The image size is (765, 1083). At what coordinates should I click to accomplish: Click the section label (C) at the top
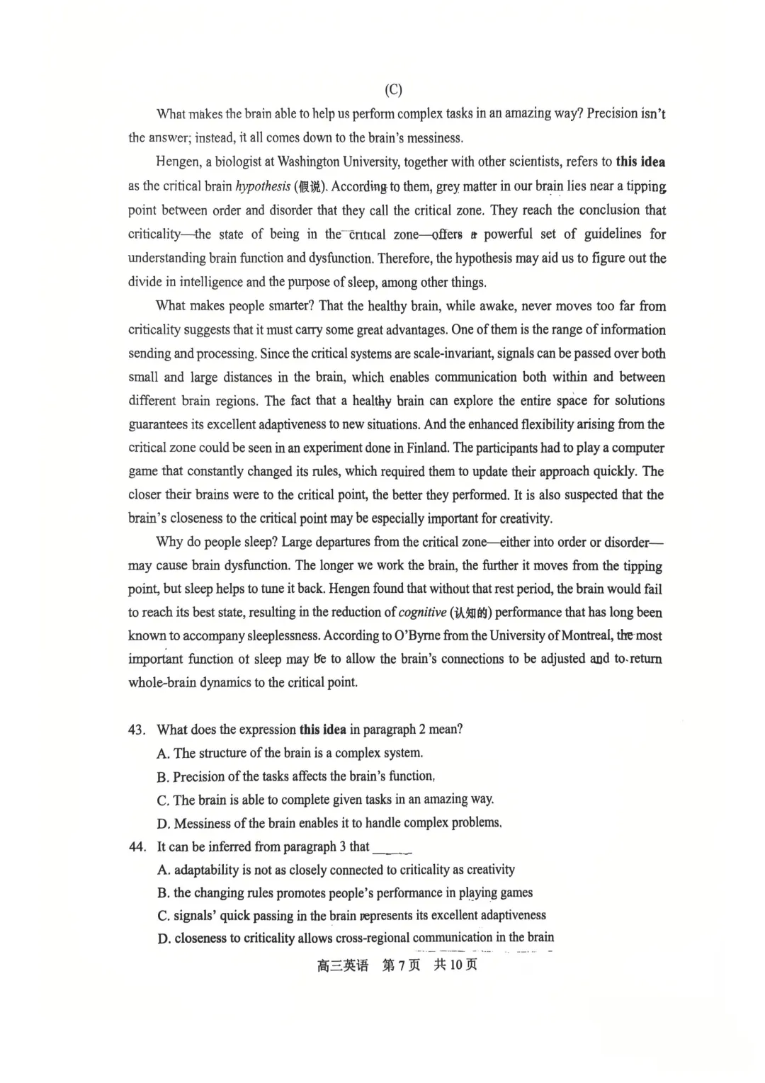[393, 90]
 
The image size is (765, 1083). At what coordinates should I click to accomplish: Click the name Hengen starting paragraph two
[178, 161]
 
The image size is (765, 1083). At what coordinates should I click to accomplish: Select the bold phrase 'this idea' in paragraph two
[640, 161]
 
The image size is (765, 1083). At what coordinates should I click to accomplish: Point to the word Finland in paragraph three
[428, 448]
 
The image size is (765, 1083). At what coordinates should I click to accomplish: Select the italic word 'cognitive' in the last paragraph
[423, 612]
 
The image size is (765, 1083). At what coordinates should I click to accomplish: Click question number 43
[137, 730]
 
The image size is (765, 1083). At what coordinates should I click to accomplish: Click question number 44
[137, 846]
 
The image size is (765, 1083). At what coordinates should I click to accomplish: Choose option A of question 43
[164, 753]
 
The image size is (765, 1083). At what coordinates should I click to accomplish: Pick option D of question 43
[164, 823]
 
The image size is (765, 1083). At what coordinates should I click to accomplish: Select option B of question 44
[164, 892]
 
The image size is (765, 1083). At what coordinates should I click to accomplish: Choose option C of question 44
[164, 915]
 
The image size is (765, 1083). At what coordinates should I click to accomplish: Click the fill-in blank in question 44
[392, 848]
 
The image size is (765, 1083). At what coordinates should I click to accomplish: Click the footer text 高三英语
[343, 965]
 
